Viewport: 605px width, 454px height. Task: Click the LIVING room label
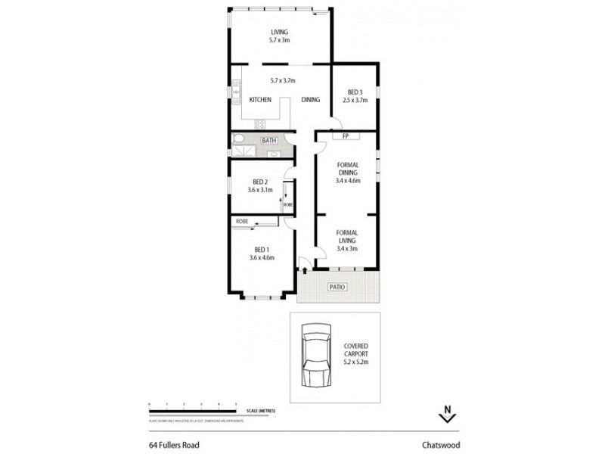click(281, 32)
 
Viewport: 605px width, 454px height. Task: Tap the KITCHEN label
click(260, 100)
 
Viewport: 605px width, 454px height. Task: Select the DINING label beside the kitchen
click(311, 100)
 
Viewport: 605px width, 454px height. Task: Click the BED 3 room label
click(355, 92)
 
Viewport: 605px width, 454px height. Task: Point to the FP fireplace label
click(345, 137)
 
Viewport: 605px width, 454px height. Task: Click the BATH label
click(268, 141)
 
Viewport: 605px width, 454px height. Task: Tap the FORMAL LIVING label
click(348, 240)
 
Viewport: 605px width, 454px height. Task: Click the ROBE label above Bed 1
click(242, 221)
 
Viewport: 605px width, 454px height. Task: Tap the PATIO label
click(337, 288)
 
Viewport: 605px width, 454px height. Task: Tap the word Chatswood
click(442, 446)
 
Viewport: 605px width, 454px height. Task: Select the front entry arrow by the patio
click(303, 264)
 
